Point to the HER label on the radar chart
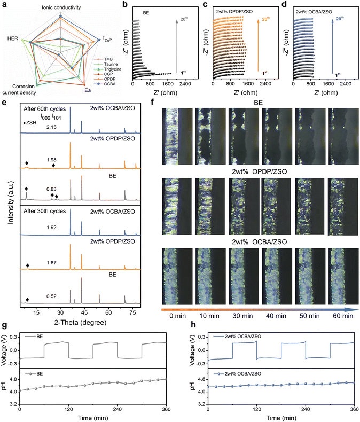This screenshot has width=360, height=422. tap(11, 38)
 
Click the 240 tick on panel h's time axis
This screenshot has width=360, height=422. tap(305, 409)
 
